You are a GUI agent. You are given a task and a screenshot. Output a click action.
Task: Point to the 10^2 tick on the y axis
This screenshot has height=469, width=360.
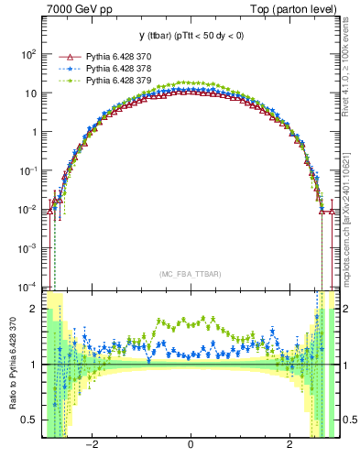click(x=28, y=54)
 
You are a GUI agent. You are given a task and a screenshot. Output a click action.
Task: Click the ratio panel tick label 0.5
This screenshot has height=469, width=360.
click(x=29, y=420)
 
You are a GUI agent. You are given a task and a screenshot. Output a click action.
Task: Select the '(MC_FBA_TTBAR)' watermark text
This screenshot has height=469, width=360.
click(x=190, y=275)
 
